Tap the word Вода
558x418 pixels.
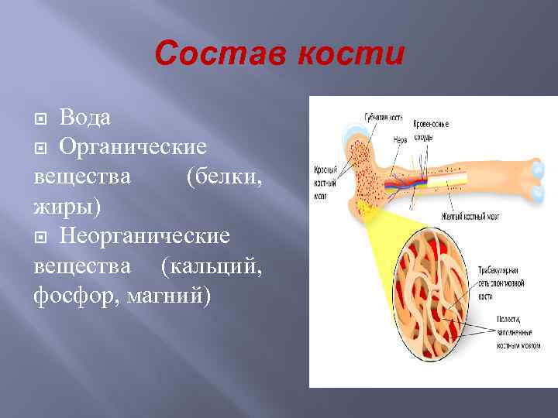click(84, 118)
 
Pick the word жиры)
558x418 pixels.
click(67, 207)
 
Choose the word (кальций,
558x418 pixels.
click(211, 267)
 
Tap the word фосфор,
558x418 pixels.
click(74, 296)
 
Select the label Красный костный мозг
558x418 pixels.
click(325, 179)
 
